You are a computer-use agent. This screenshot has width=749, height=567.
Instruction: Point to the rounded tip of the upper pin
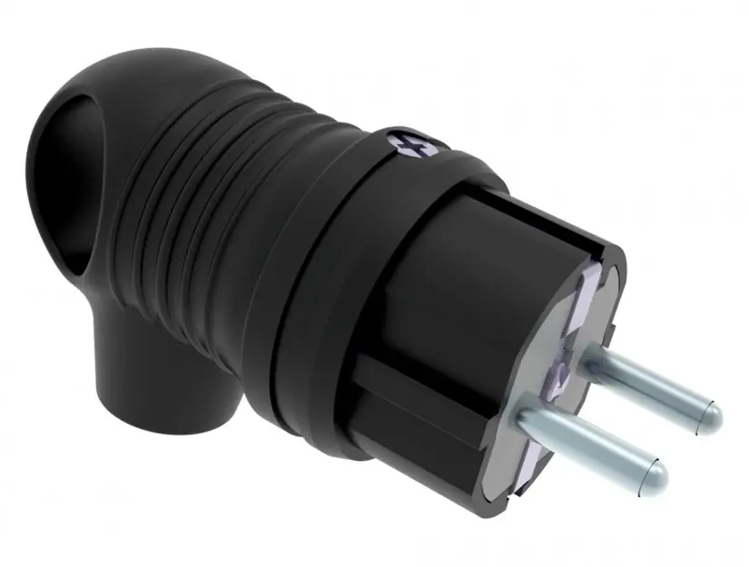[x=713, y=413]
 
